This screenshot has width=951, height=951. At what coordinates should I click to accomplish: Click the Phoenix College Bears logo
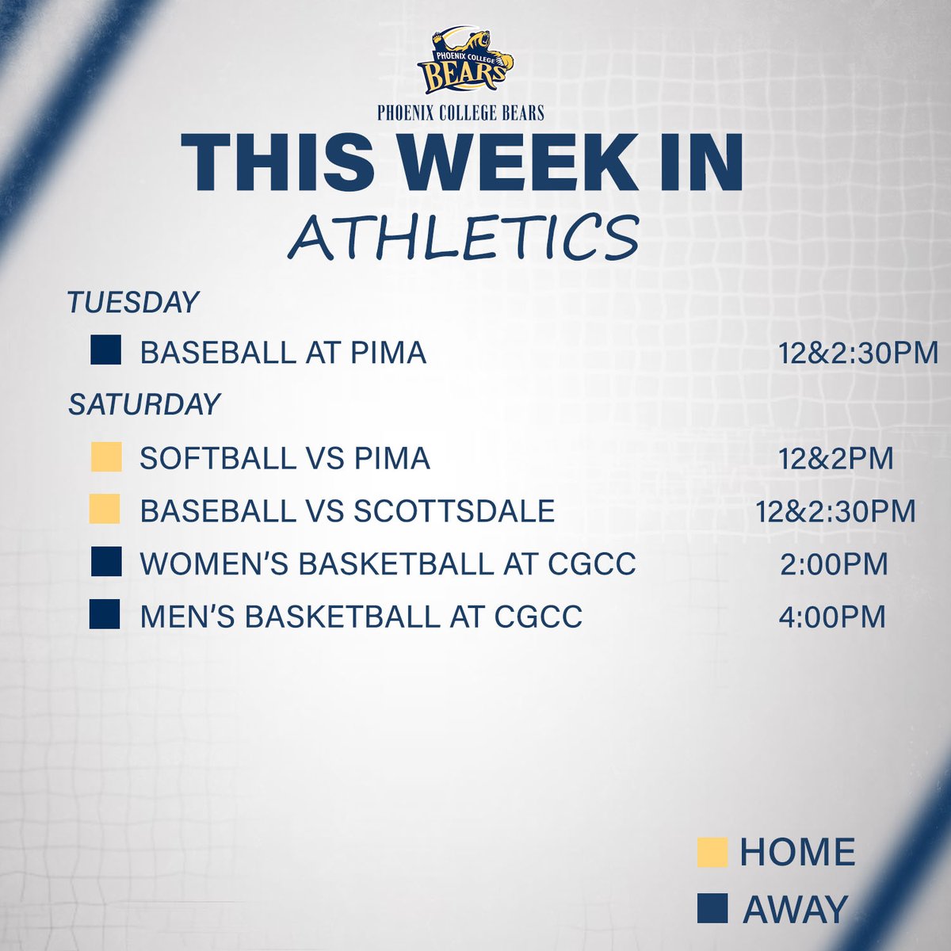[462, 62]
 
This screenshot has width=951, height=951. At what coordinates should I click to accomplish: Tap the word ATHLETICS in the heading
[463, 236]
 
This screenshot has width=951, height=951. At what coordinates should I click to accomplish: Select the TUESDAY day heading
[133, 303]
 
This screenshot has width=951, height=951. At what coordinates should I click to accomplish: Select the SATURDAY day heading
[143, 404]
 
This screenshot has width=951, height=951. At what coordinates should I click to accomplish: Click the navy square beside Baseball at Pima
[105, 350]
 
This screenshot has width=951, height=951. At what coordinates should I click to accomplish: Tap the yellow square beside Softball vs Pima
[105, 457]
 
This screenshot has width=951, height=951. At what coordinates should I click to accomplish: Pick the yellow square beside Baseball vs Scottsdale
[105, 510]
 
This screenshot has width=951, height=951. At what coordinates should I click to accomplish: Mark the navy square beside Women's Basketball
[105, 562]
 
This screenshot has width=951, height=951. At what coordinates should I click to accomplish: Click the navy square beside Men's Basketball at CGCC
[105, 615]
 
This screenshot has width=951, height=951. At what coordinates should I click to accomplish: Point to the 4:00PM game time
[831, 617]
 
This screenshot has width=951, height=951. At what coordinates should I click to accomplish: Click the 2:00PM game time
[833, 564]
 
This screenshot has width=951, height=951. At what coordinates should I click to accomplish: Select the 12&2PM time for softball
[835, 459]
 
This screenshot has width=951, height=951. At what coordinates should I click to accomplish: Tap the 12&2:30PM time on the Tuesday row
[857, 353]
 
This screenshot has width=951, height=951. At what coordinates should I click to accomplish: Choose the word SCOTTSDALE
[454, 511]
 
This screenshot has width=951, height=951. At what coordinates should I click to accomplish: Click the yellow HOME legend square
[712, 852]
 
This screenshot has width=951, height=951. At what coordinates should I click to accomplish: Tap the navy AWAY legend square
[712, 908]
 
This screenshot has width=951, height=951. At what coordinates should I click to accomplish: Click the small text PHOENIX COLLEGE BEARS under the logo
[460, 113]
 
